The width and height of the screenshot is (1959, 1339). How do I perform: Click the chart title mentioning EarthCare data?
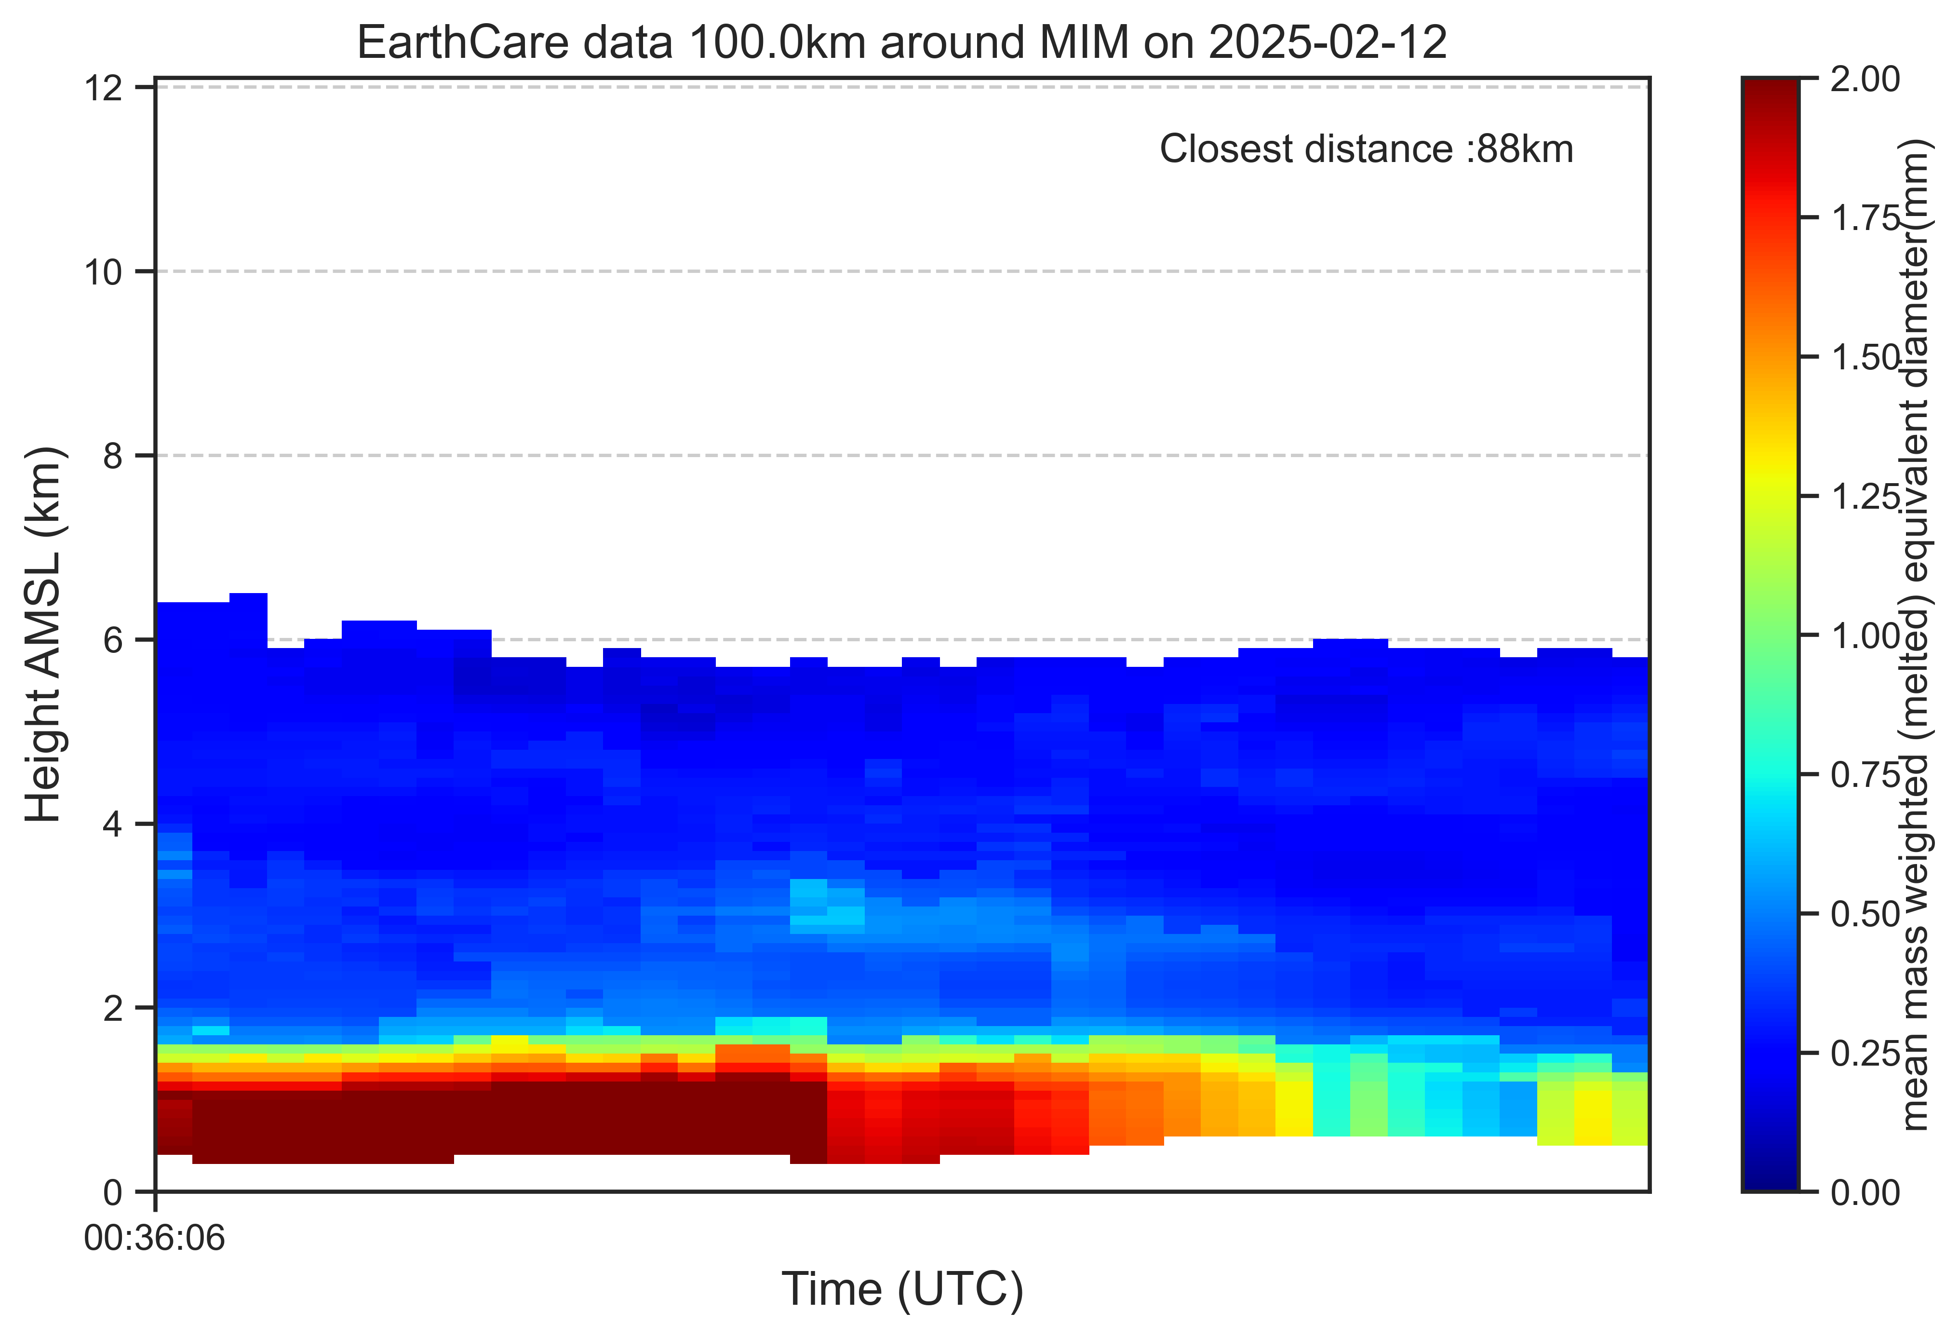[902, 42]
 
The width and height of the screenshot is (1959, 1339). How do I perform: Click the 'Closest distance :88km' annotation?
[1367, 149]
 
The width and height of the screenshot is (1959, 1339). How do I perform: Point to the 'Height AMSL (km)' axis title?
[44, 634]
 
